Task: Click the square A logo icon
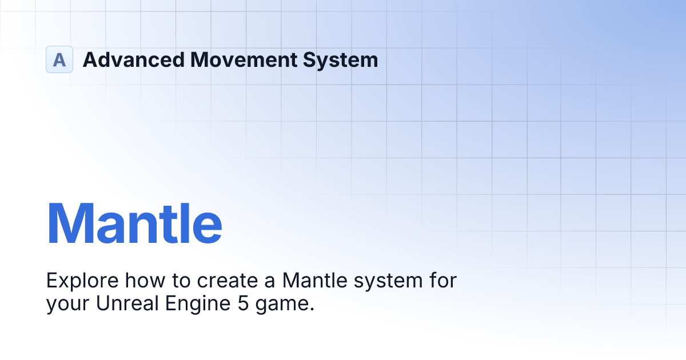(59, 59)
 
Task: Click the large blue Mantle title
(134, 223)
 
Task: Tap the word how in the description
(135, 281)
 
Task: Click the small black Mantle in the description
(314, 281)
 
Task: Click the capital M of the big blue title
(70, 223)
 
